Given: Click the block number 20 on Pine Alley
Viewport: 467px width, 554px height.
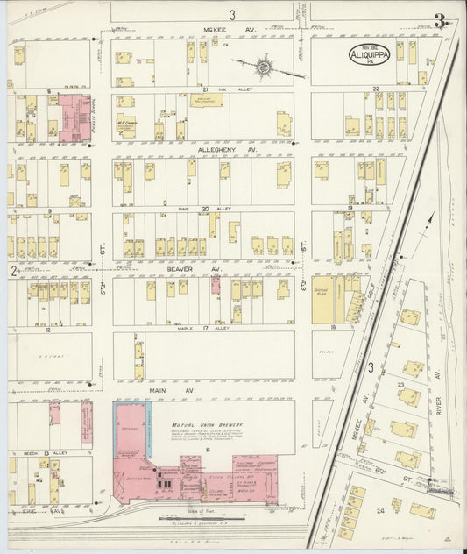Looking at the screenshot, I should pos(204,210).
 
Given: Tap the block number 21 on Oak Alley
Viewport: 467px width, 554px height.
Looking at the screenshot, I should pos(203,89).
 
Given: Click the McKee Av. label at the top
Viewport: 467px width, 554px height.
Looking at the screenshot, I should pos(216,29).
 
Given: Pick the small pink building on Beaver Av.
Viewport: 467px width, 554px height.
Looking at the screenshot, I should pos(215,284).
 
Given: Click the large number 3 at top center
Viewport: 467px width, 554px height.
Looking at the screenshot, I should pos(232,13).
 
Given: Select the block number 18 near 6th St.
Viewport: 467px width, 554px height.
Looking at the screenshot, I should pos(334,326).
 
